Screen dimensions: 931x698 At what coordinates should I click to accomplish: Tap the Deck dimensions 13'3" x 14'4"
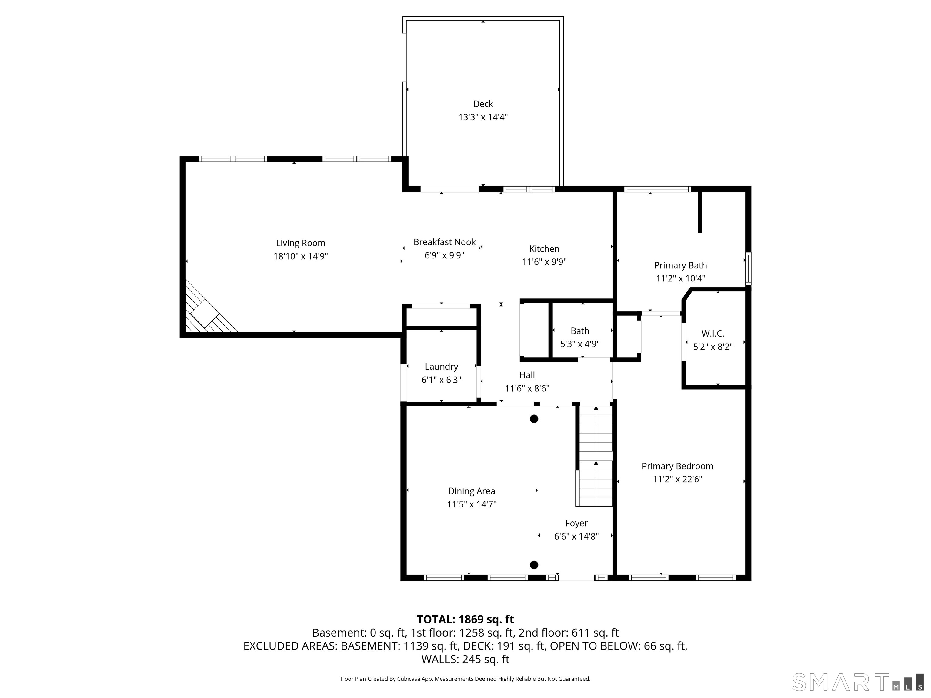pos(483,117)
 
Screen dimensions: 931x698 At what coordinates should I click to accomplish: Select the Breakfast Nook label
pos(445,242)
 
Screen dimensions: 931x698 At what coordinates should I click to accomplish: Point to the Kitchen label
pos(544,249)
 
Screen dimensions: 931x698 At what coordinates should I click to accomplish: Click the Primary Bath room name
pos(681,265)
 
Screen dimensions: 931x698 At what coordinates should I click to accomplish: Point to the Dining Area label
pos(471,491)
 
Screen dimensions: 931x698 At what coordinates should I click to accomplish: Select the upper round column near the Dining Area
pos(534,419)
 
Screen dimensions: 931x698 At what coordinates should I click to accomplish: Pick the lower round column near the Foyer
pos(534,565)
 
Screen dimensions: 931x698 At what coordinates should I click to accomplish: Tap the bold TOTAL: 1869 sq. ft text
pos(465,619)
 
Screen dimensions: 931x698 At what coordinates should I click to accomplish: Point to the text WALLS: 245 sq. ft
pos(465,659)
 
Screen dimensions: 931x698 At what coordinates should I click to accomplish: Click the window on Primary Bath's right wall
pos(748,268)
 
